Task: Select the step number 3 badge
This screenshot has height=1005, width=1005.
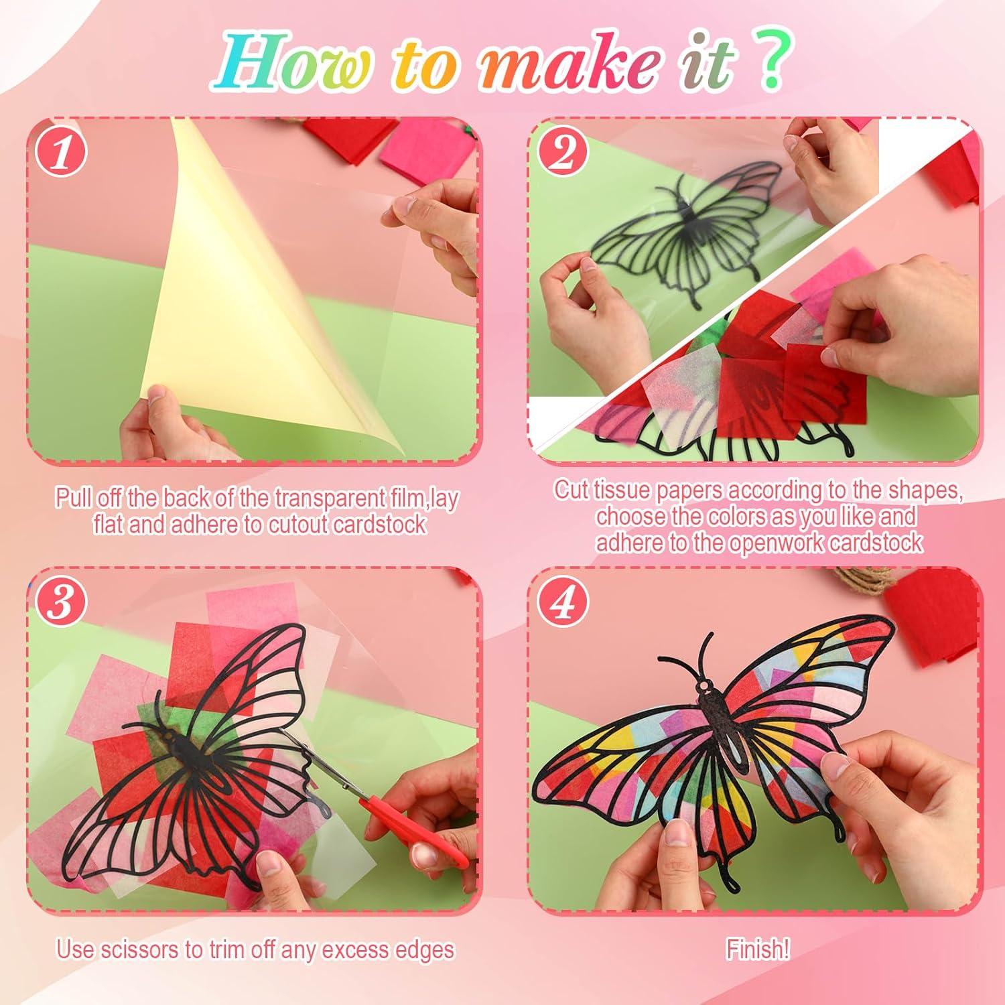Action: point(62,601)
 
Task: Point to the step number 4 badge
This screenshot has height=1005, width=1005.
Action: point(563,601)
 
